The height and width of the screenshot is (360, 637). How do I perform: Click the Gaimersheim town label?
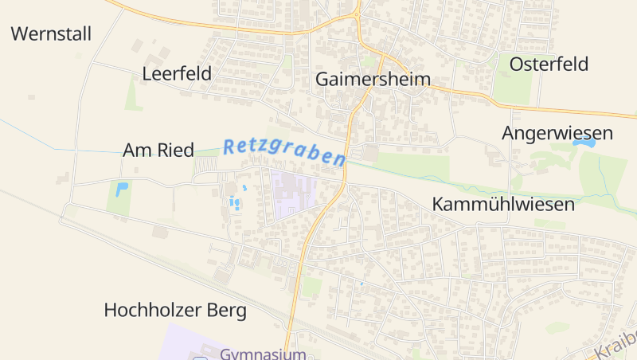pyautogui.click(x=373, y=80)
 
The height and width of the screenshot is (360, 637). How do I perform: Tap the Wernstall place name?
pyautogui.click(x=52, y=34)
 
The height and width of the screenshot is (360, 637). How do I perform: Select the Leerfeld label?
pyautogui.click(x=177, y=74)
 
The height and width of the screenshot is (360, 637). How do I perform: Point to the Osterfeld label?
pyautogui.click(x=549, y=64)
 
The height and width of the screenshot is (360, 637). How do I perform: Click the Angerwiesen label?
pyautogui.click(x=557, y=133)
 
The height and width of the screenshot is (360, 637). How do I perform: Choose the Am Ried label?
pyautogui.click(x=158, y=150)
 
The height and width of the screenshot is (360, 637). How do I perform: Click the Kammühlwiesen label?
pyautogui.click(x=503, y=204)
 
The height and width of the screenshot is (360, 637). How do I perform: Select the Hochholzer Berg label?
pyautogui.click(x=175, y=310)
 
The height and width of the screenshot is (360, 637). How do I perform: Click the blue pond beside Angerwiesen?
pyautogui.click(x=585, y=144)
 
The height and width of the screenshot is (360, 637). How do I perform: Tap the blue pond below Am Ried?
pyautogui.click(x=121, y=190)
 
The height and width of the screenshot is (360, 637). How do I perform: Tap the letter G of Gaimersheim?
pyautogui.click(x=323, y=80)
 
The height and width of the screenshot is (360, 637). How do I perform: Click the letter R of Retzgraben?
pyautogui.click(x=229, y=146)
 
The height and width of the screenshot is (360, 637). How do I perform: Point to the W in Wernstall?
pyautogui.click(x=20, y=34)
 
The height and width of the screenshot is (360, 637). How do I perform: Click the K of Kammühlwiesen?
pyautogui.click(x=437, y=204)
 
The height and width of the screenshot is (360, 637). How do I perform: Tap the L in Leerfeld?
pyautogui.click(x=147, y=74)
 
